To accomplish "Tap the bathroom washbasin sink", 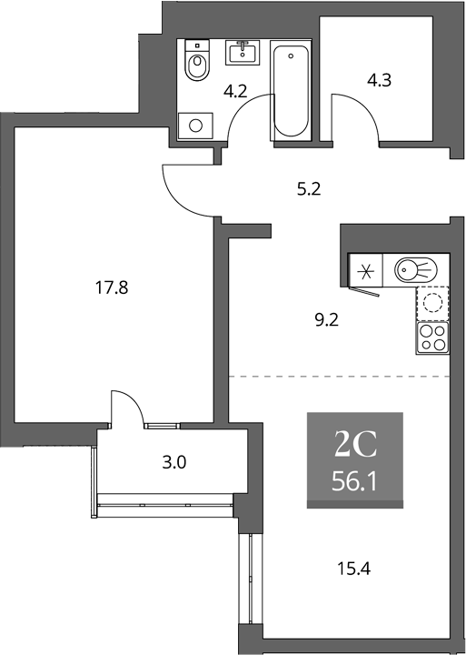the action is pos(243,53).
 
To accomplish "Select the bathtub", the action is pos(291,90).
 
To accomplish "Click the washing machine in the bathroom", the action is pos(195,126).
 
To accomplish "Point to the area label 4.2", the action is pos(235,91).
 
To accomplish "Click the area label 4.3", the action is pos(379,80).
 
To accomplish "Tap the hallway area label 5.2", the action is pos(308,189).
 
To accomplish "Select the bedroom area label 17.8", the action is pos(112,287).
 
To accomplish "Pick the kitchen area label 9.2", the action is pos(326,320).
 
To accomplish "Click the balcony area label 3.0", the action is pos(174,462).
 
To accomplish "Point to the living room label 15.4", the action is pos(353,569).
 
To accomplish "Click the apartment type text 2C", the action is pos(355,445).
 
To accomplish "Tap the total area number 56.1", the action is pos(354,482).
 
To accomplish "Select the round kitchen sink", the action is pos(416,269).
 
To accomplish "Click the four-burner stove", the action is pos(432,338).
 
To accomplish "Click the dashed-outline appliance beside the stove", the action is pos(432,303).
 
